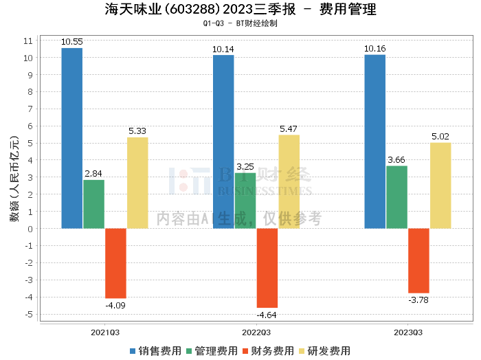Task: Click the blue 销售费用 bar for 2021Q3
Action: pyautogui.click(x=72, y=138)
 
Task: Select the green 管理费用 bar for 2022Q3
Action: pyautogui.click(x=245, y=201)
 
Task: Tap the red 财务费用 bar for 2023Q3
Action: pyautogui.click(x=418, y=260)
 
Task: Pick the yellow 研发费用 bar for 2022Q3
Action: pyautogui.click(x=289, y=181)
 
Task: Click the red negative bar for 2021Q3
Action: pyautogui.click(x=115, y=263)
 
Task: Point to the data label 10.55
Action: pyautogui.click(x=72, y=42)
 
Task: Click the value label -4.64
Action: pyautogui.click(x=267, y=315)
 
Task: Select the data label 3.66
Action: pyautogui.click(x=396, y=160)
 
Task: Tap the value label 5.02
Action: pyautogui.click(x=440, y=137)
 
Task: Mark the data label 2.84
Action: pyautogui.click(x=93, y=174)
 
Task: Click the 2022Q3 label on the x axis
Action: pyautogui.click(x=256, y=333)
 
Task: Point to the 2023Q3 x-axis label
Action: pyautogui.click(x=408, y=333)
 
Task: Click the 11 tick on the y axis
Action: pyautogui.click(x=28, y=41)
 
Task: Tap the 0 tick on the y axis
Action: pyautogui.click(x=30, y=229)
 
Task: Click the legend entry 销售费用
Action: pyautogui.click(x=155, y=351)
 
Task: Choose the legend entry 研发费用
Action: pyautogui.click(x=324, y=351)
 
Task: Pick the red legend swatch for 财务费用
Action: pyautogui.click(x=245, y=351)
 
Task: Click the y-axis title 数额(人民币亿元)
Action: pyautogui.click(x=14, y=179)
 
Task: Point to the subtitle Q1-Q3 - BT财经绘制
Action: pyautogui.click(x=240, y=23)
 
